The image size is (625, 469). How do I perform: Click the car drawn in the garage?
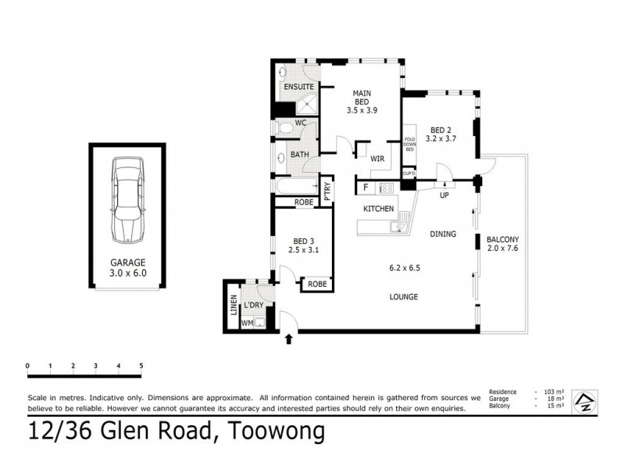[127, 199]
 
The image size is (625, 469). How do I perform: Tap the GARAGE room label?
[127, 263]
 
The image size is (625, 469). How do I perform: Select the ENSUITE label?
[298, 86]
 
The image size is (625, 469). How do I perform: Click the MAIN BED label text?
[362, 99]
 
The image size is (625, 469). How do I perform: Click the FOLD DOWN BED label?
[409, 148]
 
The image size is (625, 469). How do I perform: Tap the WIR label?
[377, 158]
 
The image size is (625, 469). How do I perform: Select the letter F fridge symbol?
[365, 188]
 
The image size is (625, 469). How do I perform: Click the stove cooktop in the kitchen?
[386, 188]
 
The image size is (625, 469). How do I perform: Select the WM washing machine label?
[248, 322]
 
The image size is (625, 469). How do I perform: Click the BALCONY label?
[503, 240]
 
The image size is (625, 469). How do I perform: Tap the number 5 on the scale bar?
[141, 365]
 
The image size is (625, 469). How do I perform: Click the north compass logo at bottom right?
[584, 400]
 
